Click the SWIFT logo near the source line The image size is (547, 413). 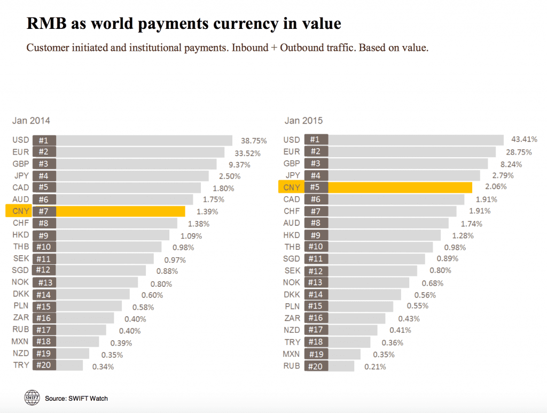pyautogui.click(x=32, y=397)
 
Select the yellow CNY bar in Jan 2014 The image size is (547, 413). pyautogui.click(x=120, y=211)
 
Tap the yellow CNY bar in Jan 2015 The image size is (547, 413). pyautogui.click(x=400, y=187)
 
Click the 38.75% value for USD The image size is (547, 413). pyautogui.click(x=254, y=141)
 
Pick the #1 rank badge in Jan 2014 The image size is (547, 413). pyautogui.click(x=44, y=140)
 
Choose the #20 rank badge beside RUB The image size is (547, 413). pyautogui.click(x=316, y=366)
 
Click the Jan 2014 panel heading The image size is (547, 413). pyautogui.click(x=31, y=121)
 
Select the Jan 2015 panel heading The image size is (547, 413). pyautogui.click(x=303, y=121)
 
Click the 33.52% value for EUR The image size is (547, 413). pyautogui.click(x=247, y=152)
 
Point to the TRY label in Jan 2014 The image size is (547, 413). pyautogui.click(x=21, y=365)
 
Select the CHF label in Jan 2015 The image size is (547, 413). pyautogui.click(x=292, y=211)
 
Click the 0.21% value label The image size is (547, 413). pyautogui.click(x=375, y=367)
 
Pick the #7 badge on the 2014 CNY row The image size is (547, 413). pyautogui.click(x=44, y=211)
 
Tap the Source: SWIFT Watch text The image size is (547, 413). pyautogui.click(x=76, y=399)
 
